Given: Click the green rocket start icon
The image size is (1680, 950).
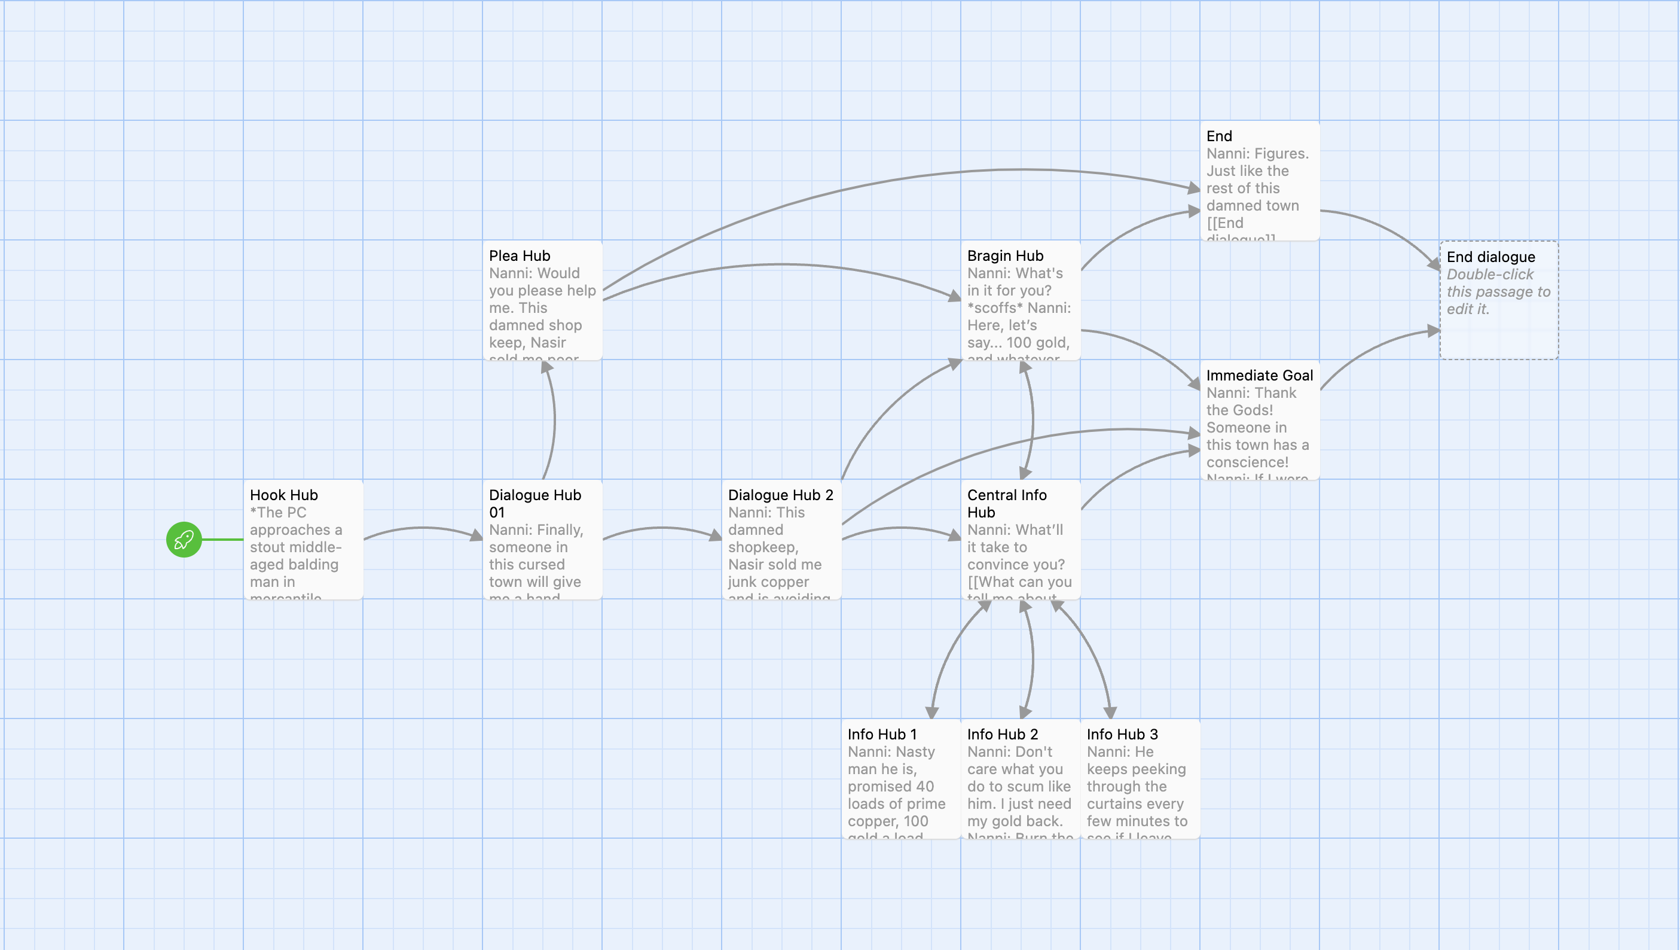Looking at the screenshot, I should [x=184, y=540].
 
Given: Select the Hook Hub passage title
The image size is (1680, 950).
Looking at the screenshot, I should [x=284, y=495].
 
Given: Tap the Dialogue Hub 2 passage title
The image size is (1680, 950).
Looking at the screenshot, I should [x=780, y=495].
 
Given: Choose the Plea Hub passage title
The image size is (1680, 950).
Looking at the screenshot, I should [x=519, y=256].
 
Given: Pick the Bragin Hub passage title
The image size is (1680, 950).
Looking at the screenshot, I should [x=1005, y=256].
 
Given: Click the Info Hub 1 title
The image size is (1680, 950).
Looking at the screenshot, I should [x=882, y=734].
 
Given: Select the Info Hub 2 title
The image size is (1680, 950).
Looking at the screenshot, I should [x=1003, y=734].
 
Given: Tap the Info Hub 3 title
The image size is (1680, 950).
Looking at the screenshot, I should [x=1122, y=734].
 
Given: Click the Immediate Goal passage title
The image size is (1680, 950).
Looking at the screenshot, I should [x=1259, y=375].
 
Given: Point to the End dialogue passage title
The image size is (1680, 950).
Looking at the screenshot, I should [x=1490, y=257].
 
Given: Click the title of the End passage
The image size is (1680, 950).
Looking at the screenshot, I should [x=1219, y=136].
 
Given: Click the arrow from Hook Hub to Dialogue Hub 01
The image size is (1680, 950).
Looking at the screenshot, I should [x=423, y=528].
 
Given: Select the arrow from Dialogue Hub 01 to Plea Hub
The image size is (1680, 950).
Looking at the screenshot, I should [x=554, y=421].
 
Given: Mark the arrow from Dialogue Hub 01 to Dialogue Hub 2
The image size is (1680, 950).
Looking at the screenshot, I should [x=662, y=528].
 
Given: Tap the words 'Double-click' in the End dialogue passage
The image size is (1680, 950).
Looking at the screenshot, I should [x=1489, y=275].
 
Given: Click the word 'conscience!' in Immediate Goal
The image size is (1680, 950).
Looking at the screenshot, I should [x=1247, y=462].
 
